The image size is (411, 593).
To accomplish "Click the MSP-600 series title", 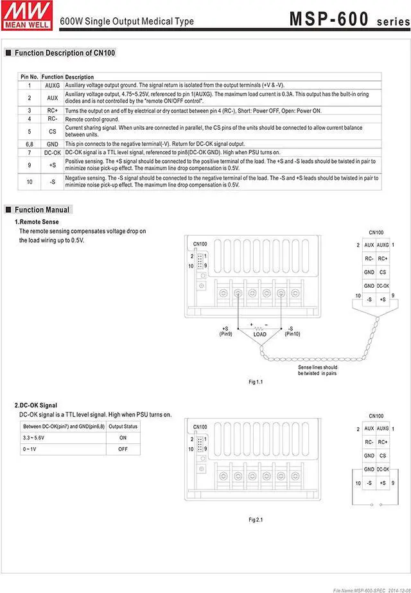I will (x=347, y=19).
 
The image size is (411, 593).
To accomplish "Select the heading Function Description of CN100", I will (x=64, y=53).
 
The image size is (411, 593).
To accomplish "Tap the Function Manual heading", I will (x=42, y=209).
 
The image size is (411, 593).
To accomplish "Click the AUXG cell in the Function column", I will (x=52, y=85).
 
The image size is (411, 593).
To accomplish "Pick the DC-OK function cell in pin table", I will (x=52, y=152).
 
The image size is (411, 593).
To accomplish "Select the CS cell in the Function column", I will (x=52, y=131).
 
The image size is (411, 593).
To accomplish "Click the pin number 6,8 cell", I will (x=30, y=144).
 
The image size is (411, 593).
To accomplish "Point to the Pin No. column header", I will (x=30, y=77).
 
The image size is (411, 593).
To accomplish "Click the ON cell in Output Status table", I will (x=123, y=438).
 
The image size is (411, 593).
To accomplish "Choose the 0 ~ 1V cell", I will (x=30, y=449).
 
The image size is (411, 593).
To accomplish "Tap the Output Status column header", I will (x=123, y=426).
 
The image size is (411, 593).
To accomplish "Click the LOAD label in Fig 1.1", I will (x=260, y=334).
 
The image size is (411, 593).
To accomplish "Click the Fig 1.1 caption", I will (x=256, y=382).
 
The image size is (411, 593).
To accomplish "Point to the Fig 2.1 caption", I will (x=256, y=519).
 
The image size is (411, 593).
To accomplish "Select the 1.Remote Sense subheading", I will (x=37, y=222).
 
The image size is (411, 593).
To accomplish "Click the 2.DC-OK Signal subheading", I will (x=35, y=405).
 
